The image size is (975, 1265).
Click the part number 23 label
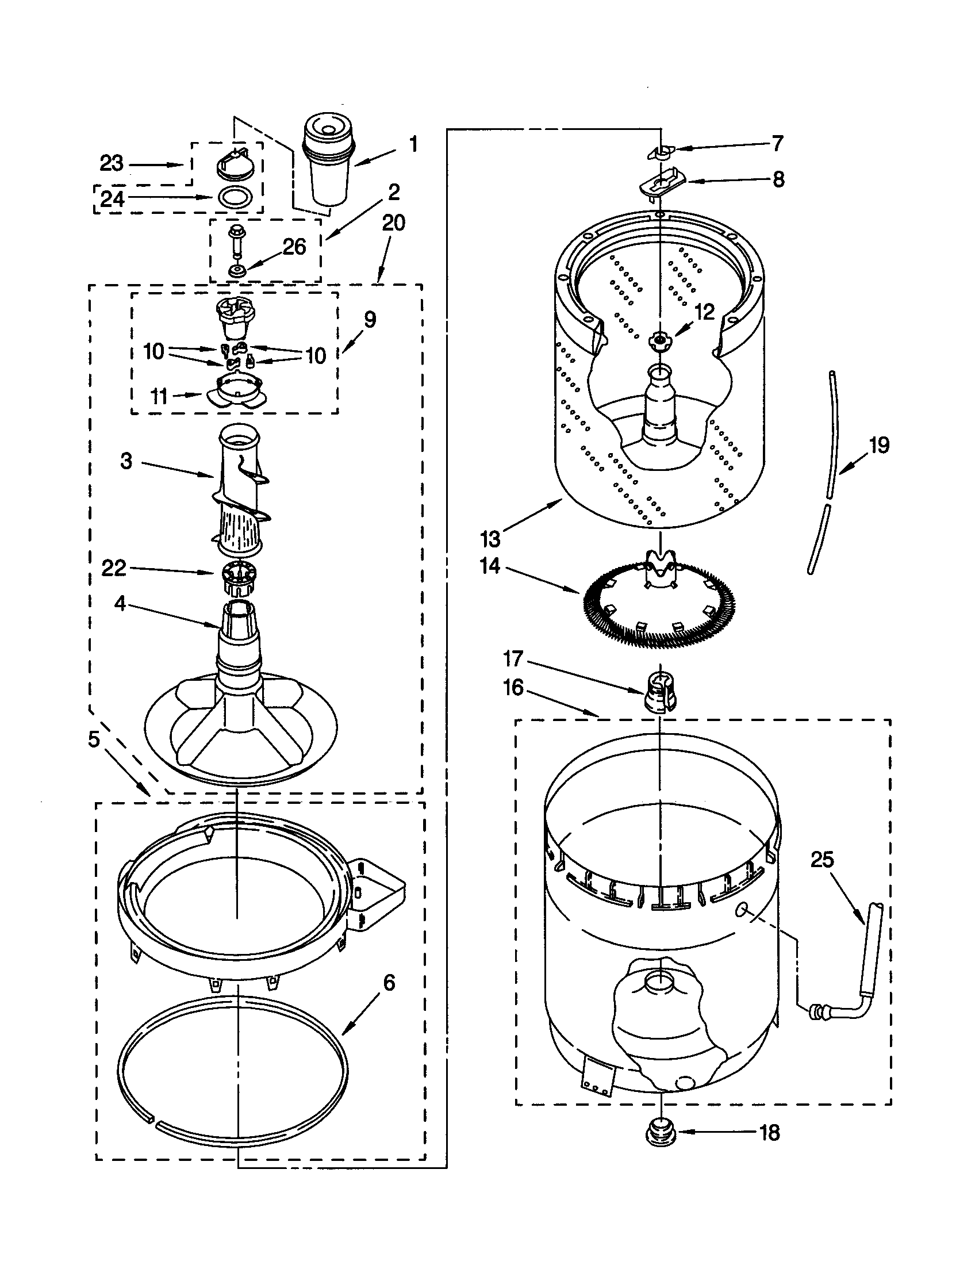112,163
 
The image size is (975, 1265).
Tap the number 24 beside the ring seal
112,199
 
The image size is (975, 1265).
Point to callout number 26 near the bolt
294,247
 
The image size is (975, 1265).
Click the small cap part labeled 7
660,153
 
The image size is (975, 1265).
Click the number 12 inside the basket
705,312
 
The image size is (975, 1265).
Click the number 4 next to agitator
120,604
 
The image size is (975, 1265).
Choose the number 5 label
94,739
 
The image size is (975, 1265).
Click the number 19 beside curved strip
878,446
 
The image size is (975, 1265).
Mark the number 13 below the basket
490,539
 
